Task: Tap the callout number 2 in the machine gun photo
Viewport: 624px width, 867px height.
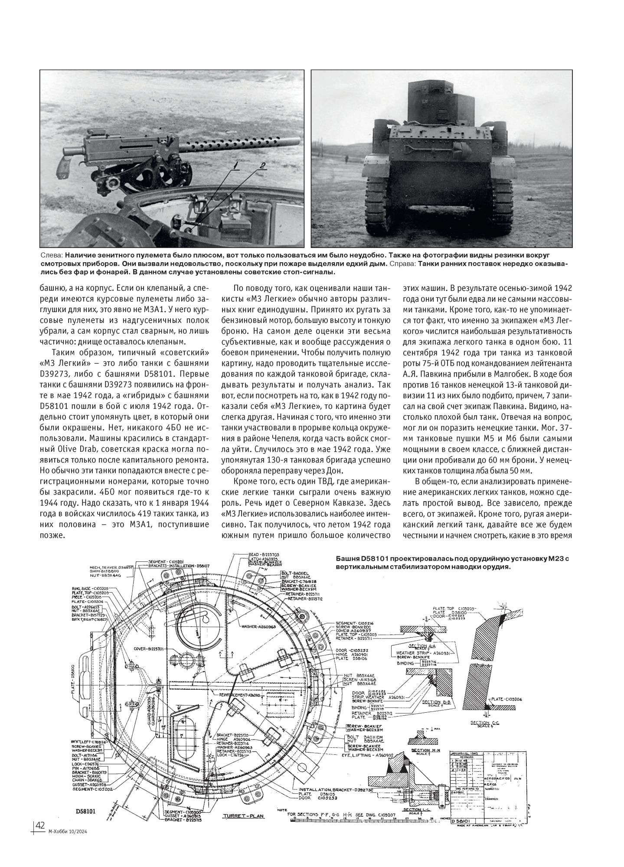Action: click(x=263, y=166)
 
